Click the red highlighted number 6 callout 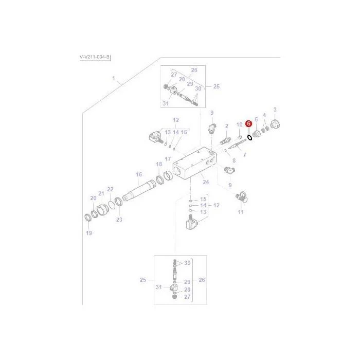[248, 124]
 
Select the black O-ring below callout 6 [249, 137]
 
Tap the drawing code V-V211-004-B [95, 57]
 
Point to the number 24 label [206, 182]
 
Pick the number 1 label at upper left [114, 78]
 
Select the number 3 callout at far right [275, 110]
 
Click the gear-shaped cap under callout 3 [275, 124]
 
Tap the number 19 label [89, 233]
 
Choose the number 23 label [119, 220]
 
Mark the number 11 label [241, 212]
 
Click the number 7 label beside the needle [244, 155]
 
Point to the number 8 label [234, 160]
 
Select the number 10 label [240, 124]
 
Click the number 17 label [168, 159]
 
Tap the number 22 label [110, 189]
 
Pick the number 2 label [227, 126]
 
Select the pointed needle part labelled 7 [237, 144]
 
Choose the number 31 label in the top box [166, 103]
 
